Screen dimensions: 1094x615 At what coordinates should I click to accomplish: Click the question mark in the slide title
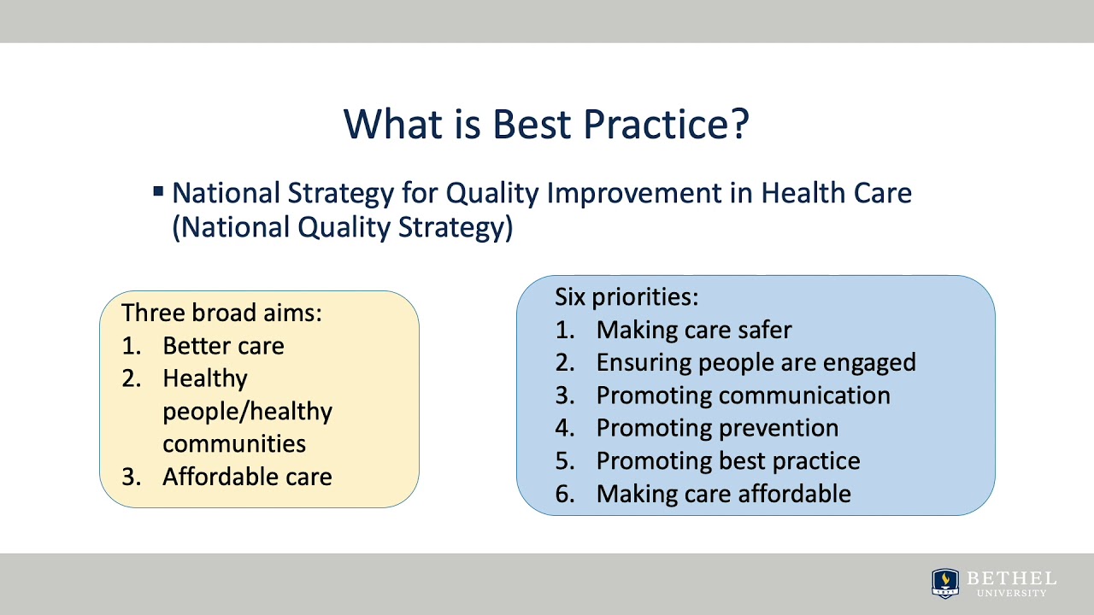(739, 124)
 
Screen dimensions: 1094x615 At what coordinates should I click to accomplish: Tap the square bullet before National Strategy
(158, 191)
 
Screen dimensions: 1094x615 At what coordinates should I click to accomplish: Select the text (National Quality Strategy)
(342, 228)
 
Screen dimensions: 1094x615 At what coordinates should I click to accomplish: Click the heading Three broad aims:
(221, 313)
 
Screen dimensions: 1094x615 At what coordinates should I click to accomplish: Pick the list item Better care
(223, 346)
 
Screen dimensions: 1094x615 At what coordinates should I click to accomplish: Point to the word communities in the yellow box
(234, 444)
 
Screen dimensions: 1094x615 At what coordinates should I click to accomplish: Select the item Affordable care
(247, 477)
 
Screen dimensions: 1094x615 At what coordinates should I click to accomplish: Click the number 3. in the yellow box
(131, 477)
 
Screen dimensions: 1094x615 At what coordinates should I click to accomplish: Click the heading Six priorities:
(626, 296)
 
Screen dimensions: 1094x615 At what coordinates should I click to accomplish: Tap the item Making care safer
(693, 330)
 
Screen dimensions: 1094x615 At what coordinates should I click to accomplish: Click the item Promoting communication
(743, 395)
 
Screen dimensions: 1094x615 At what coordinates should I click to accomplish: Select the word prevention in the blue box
(779, 428)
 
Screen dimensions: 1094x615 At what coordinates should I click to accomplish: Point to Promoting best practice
(727, 461)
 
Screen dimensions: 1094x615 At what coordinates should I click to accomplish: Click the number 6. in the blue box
(565, 494)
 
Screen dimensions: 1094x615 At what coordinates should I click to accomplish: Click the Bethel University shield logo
(944, 583)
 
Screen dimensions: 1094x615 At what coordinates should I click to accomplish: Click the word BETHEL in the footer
(1011, 578)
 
